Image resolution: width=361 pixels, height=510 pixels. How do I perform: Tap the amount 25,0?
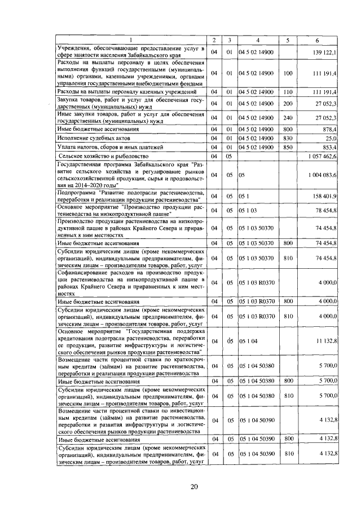[331, 138]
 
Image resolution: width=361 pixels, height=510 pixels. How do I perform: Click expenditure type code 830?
[288, 138]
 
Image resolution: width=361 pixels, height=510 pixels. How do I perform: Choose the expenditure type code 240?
[288, 117]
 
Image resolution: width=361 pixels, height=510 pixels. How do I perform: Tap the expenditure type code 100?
[288, 73]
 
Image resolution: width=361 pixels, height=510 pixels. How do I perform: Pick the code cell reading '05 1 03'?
[248, 210]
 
